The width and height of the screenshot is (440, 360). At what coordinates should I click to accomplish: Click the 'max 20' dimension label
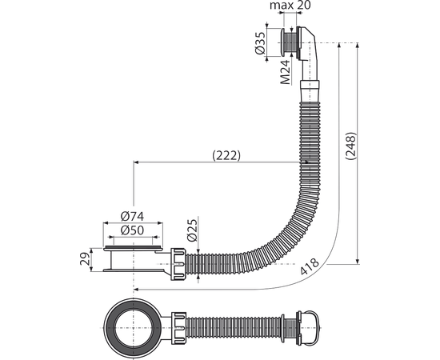point(290,6)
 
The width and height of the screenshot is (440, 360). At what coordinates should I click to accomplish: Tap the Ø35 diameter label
point(261,42)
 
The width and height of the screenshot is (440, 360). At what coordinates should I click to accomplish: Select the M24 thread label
point(286,72)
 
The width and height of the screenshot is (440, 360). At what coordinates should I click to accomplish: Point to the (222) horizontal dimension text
point(226,155)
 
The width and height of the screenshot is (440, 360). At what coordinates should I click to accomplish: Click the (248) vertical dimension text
point(350,146)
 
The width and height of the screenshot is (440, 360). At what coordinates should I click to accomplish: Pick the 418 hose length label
point(310,266)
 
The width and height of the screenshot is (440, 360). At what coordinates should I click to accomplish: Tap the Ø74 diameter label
point(132,216)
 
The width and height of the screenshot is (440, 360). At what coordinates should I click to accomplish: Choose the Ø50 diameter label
point(132,230)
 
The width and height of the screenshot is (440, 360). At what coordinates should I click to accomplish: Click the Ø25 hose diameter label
point(192,230)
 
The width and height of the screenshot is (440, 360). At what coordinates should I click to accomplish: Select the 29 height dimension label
point(85,258)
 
